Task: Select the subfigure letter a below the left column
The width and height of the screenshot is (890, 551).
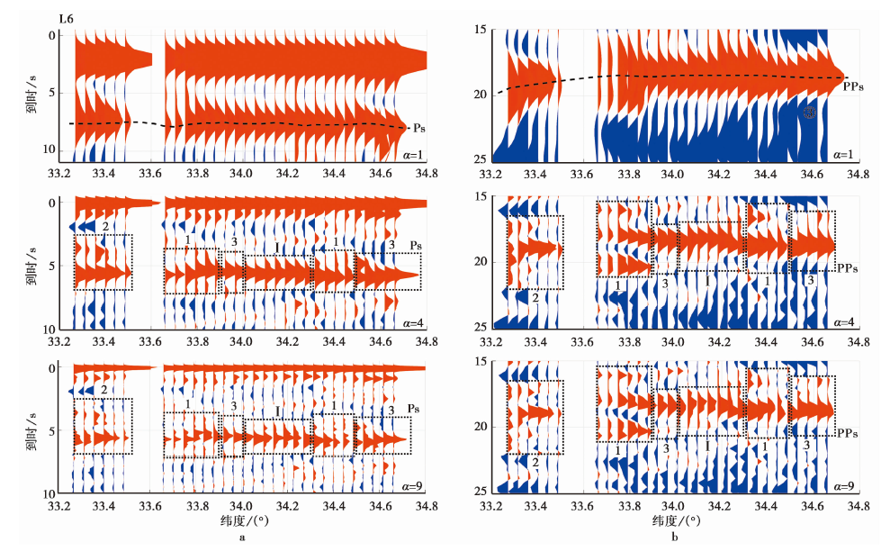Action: pos(241,538)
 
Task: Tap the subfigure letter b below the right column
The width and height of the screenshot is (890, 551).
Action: pos(673,538)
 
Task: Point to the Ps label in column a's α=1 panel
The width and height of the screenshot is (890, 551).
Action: pos(418,129)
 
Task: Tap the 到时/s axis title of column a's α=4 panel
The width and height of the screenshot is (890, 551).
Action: pos(31,266)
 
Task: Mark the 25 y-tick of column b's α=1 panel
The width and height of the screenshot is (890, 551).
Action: pos(479,159)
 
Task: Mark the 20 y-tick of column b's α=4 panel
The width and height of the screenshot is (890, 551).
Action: pos(479,262)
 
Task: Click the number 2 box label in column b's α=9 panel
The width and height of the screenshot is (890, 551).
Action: pos(535,463)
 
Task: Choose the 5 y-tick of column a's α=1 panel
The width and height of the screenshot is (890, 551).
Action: pos(52,92)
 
